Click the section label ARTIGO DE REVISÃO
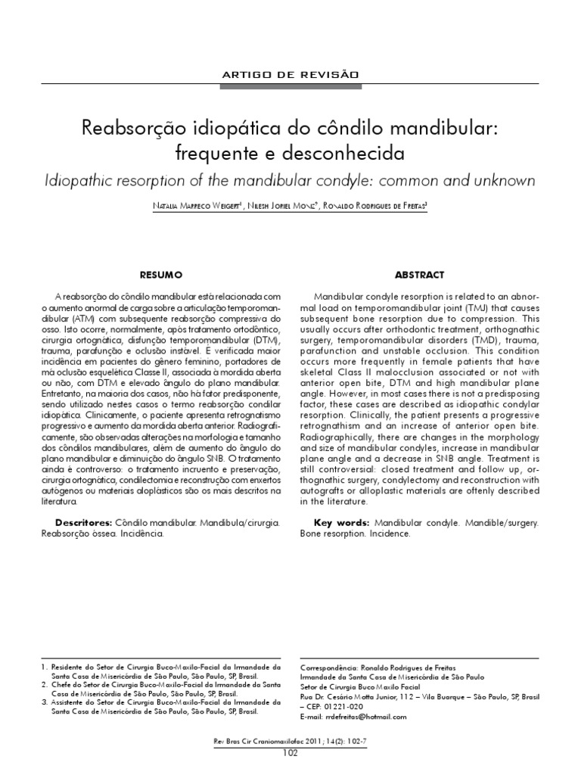pyautogui.click(x=290, y=73)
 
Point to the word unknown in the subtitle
pyautogui.click(x=502, y=182)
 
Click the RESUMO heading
pyautogui.click(x=160, y=275)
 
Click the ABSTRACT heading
pyautogui.click(x=419, y=275)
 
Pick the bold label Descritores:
pyautogui.click(x=83, y=523)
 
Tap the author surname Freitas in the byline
pyautogui.click(x=409, y=207)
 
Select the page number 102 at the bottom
pyautogui.click(x=290, y=752)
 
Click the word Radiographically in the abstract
pyautogui.click(x=341, y=437)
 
